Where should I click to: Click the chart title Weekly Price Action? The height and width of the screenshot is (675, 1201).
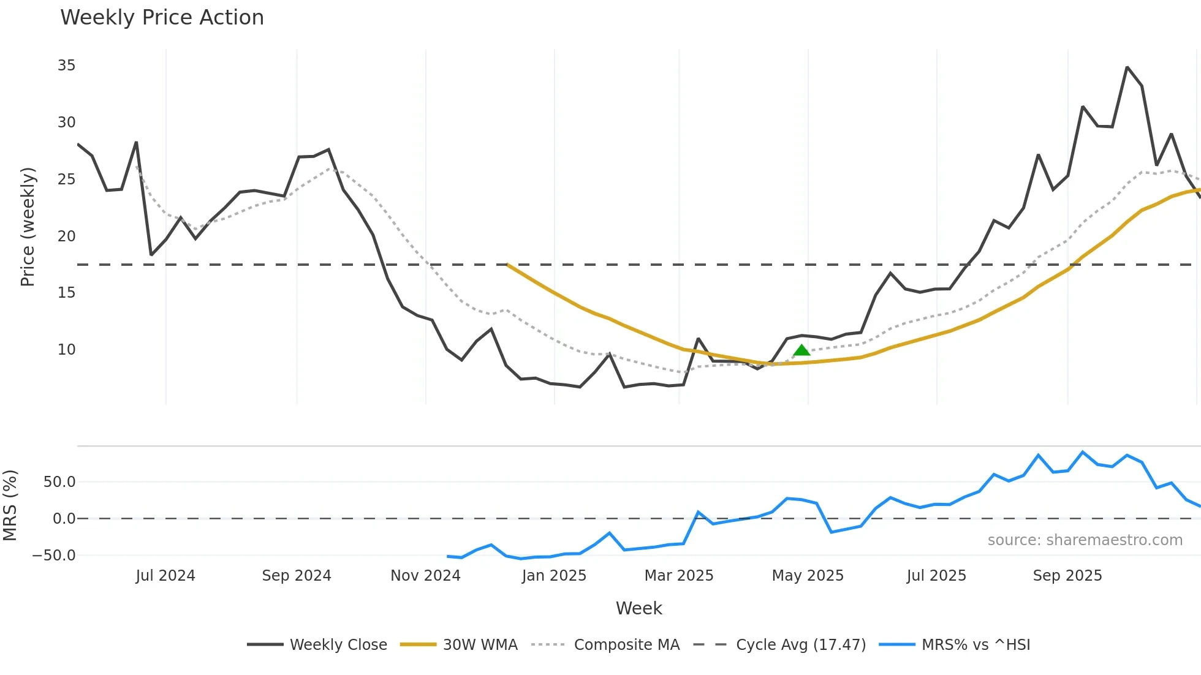(162, 18)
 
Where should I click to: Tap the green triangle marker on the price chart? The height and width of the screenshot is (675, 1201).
(801, 350)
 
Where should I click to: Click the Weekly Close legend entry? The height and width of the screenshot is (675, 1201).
(317, 645)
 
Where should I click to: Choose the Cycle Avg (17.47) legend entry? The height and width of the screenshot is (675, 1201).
(779, 645)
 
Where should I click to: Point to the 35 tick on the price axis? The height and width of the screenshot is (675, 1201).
(66, 66)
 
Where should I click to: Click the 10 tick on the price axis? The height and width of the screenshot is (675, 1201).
(66, 350)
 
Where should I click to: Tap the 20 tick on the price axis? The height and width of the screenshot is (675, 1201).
(66, 236)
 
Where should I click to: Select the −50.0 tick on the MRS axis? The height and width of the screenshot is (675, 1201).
(54, 556)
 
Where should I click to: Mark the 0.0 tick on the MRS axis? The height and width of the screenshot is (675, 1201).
(64, 519)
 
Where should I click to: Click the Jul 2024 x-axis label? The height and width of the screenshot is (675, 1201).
(165, 576)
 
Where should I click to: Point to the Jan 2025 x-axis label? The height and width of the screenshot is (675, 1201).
(554, 576)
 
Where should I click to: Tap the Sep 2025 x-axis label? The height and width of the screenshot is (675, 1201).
(1067, 576)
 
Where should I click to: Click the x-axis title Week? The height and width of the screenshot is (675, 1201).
(638, 608)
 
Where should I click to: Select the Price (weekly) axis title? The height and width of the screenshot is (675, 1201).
(28, 227)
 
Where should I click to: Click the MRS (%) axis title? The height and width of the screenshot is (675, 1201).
(10, 505)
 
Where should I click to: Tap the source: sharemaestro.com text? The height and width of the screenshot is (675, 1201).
(1085, 540)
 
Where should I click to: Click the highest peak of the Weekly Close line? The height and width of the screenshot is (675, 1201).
(1127, 67)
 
